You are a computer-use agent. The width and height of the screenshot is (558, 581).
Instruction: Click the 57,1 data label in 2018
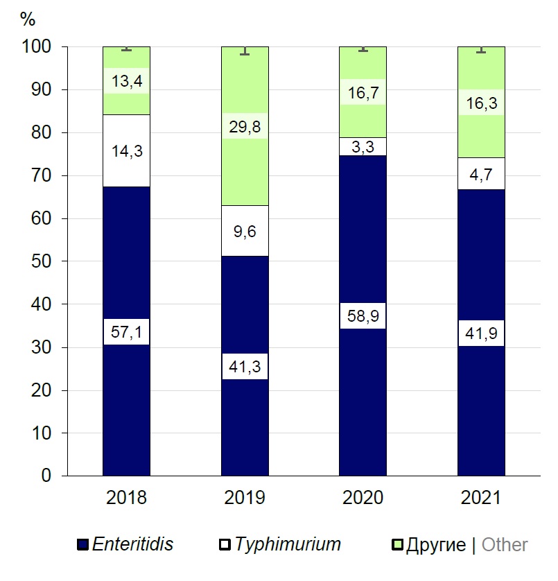[126, 331]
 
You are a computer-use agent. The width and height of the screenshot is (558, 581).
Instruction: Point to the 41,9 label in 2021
[481, 333]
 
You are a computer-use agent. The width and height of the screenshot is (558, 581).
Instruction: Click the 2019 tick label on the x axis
[245, 497]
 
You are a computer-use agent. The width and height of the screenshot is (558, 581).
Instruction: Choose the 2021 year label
[481, 497]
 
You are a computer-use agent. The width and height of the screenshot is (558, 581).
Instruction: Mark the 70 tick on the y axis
[42, 175]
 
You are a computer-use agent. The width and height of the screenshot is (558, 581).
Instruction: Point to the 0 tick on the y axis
[46, 476]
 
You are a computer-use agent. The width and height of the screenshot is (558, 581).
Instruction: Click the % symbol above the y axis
[28, 19]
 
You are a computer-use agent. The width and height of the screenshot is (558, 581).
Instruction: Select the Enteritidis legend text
[134, 544]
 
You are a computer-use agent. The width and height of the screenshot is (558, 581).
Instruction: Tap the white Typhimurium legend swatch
[225, 545]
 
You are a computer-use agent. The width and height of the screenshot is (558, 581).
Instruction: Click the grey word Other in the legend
[505, 545]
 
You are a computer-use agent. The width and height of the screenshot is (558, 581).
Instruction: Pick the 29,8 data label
[245, 126]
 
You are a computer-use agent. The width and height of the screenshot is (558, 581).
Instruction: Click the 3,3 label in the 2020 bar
[363, 147]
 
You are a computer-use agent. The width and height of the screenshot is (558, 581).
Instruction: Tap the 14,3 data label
[126, 151]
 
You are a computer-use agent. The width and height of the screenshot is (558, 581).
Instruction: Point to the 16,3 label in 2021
[481, 103]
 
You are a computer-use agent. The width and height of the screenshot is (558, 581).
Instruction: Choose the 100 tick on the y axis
[37, 46]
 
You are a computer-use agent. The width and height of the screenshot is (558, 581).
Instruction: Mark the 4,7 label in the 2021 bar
[481, 174]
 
